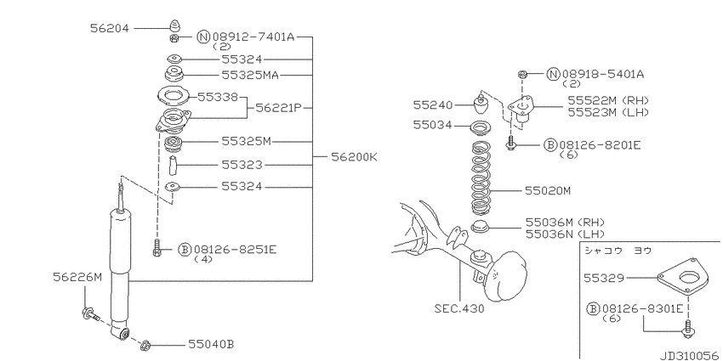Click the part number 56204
point(110,29)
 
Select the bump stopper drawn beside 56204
point(174,25)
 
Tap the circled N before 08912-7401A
point(203,37)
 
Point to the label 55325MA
point(250,75)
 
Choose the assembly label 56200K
point(354,157)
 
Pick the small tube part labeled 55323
point(172,166)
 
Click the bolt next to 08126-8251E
point(156,248)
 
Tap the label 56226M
point(77,277)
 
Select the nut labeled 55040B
point(145,343)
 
